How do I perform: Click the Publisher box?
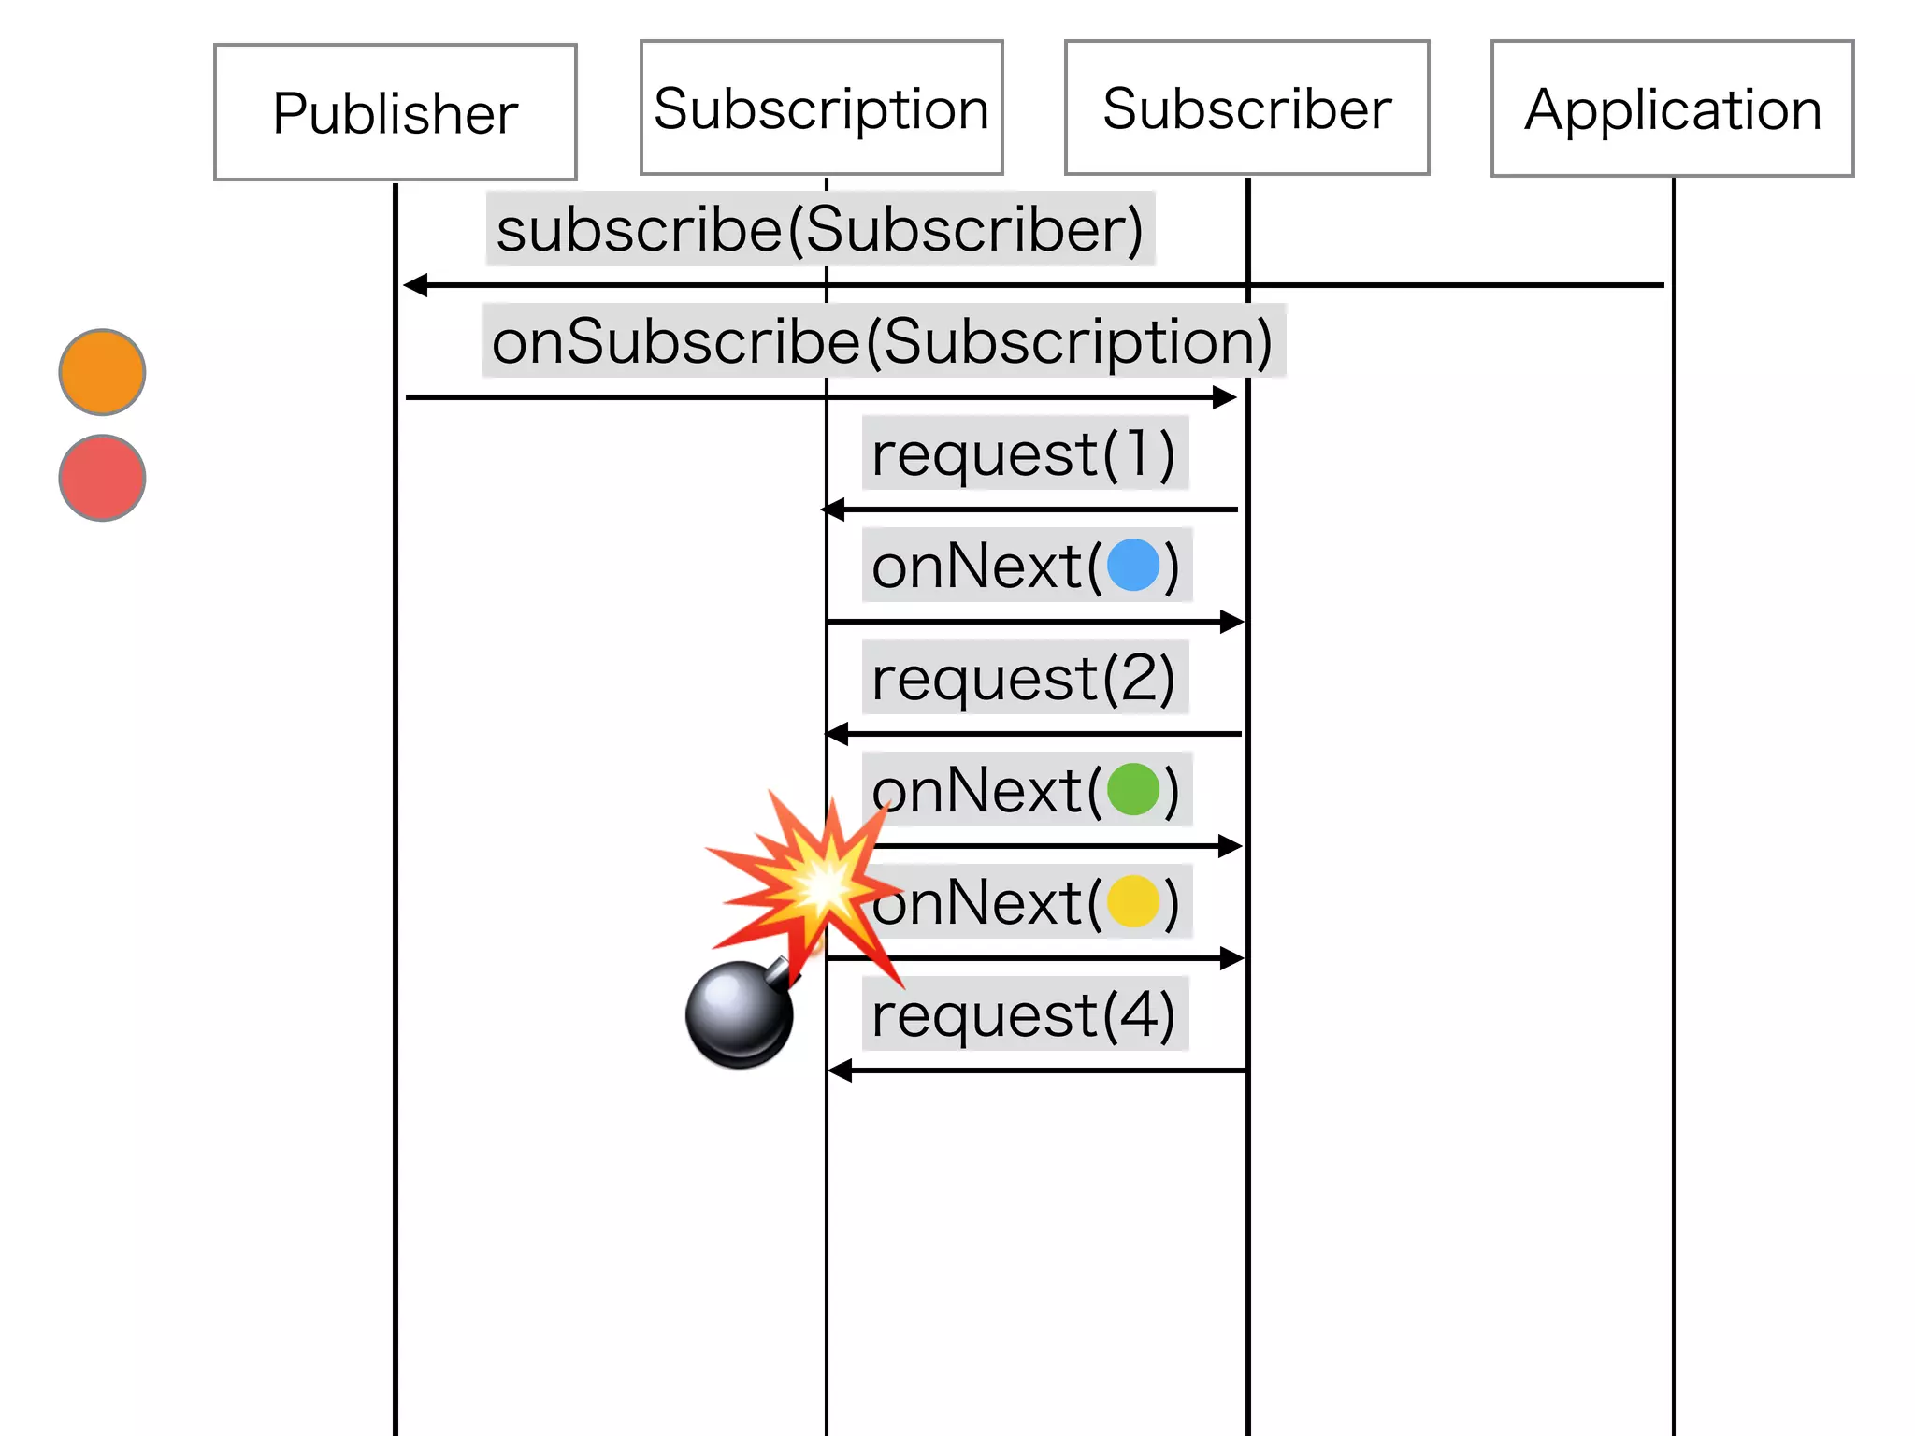click(x=395, y=112)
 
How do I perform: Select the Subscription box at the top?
click(x=821, y=108)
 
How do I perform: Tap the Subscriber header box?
click(x=1246, y=108)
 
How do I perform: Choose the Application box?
click(x=1672, y=108)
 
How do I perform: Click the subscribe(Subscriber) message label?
click(x=820, y=229)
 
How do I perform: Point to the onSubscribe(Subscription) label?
click(x=883, y=341)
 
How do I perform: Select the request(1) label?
click(x=1024, y=453)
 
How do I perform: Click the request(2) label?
click(x=1024, y=678)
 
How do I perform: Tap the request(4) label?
click(x=1024, y=1014)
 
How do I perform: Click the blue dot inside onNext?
click(x=1132, y=566)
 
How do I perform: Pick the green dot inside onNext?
click(x=1132, y=790)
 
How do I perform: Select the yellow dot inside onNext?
click(x=1132, y=902)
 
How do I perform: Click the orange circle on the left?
click(x=102, y=372)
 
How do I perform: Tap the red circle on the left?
click(x=102, y=478)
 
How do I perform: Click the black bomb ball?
click(x=739, y=1014)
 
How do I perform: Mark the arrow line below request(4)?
click(x=1038, y=1070)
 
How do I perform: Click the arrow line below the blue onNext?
click(x=1029, y=622)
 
